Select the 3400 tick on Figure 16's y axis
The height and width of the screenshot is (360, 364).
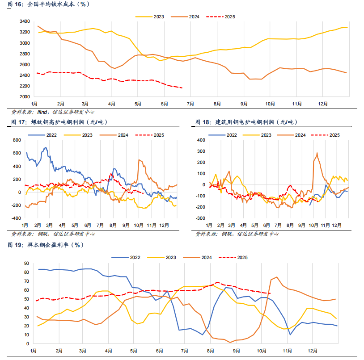24,21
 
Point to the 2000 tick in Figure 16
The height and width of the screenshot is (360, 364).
24,97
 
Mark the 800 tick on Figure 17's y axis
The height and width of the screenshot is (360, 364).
17,140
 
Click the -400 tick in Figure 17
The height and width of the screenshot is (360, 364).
17,218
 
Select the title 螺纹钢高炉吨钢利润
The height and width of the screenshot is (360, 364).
57,122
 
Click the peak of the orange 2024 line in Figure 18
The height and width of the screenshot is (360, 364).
317,153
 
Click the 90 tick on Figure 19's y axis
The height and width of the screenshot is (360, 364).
26,263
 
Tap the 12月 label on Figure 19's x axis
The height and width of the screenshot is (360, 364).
312,351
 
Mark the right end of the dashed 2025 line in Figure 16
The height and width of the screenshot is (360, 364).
182,88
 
